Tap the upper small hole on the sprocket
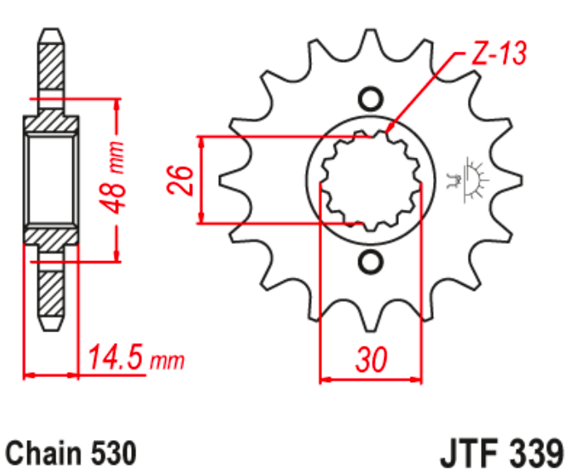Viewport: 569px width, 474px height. (x=371, y=98)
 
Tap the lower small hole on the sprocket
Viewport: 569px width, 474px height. (x=371, y=263)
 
